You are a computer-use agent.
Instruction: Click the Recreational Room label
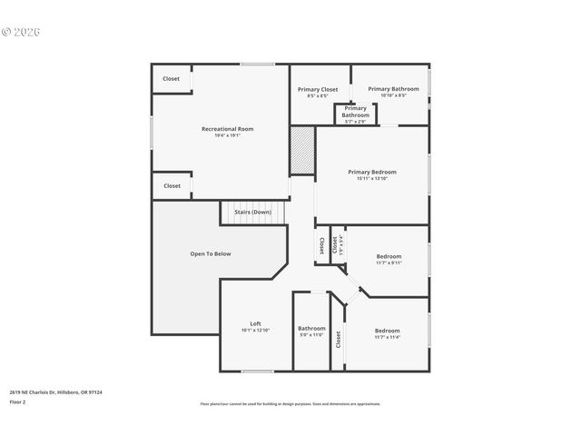(x=227, y=129)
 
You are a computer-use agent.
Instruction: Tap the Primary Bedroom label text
(x=372, y=171)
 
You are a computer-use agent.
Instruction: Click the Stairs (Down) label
(x=252, y=212)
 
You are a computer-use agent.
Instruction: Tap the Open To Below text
(x=210, y=253)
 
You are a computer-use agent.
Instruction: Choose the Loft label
(x=256, y=324)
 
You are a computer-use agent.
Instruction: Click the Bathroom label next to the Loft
(x=311, y=328)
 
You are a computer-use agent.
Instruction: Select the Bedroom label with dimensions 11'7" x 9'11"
(x=389, y=256)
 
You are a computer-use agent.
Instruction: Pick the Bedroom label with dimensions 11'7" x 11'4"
(x=387, y=331)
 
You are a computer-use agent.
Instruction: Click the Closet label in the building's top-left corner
(x=172, y=79)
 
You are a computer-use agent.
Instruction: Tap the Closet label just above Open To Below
(x=172, y=185)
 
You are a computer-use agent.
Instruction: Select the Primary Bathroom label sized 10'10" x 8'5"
(x=393, y=88)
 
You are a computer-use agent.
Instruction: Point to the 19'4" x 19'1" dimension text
(x=227, y=136)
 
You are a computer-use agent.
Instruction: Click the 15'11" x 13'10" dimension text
(x=372, y=178)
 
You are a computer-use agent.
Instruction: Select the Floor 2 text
(x=18, y=401)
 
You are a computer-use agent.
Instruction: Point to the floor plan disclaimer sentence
(x=290, y=404)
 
